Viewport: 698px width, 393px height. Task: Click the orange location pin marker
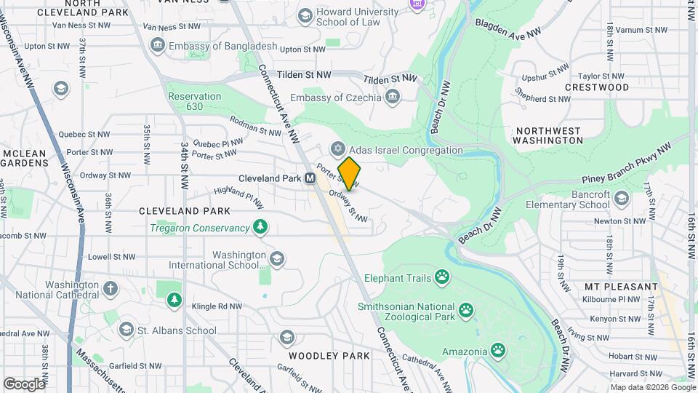coord(349,173)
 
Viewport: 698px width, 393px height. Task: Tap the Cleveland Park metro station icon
coord(309,178)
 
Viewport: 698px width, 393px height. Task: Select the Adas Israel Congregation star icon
coord(337,150)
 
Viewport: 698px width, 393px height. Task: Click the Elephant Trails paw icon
coord(441,276)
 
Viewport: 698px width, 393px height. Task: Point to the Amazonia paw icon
coord(498,352)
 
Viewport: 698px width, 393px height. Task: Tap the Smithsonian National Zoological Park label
coord(406,313)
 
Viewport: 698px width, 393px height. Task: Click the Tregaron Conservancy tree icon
coord(260,228)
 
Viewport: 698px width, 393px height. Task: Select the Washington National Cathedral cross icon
coord(111,288)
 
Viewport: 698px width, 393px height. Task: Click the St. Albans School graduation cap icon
coord(126,330)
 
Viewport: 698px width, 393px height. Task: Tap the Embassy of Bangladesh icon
coord(157,46)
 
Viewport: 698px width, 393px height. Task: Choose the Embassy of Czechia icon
coord(393,98)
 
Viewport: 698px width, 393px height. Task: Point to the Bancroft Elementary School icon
coord(621,197)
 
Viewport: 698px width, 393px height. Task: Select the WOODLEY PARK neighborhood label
coord(329,356)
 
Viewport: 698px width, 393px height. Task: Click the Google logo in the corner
coord(24,384)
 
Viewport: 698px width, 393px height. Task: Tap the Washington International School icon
coord(276,259)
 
